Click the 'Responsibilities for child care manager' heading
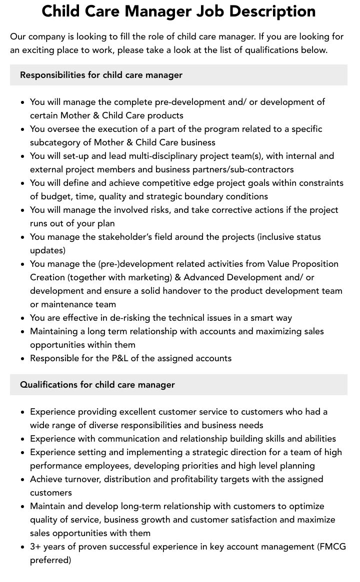pos(101,75)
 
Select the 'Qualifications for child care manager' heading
pos(97,385)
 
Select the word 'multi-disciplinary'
pos(140,156)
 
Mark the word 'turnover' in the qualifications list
pos(84,479)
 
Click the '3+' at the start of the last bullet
pos(35,547)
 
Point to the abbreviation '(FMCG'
pos(331,547)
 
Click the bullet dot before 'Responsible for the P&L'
pos(22,359)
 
